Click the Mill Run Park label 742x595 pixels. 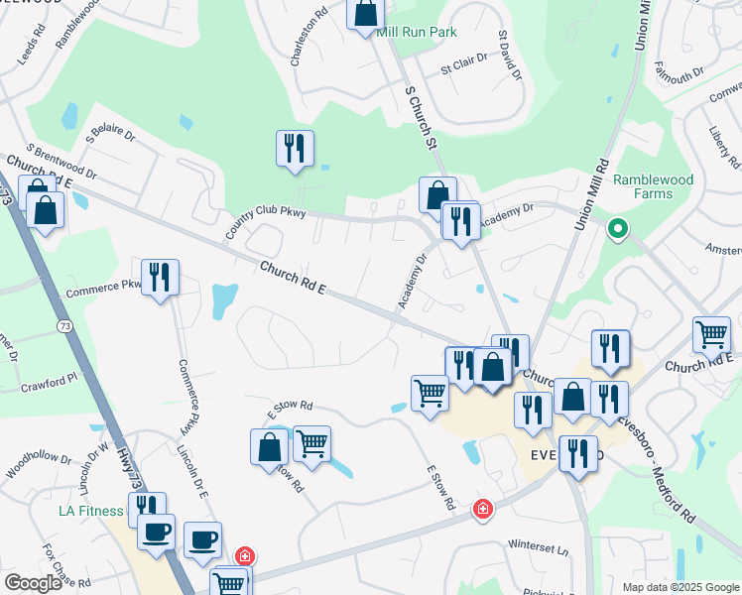[417, 32]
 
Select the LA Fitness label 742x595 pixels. [91, 512]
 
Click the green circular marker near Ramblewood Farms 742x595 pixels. [617, 230]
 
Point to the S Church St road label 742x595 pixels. [422, 117]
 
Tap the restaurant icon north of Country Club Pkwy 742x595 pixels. [295, 149]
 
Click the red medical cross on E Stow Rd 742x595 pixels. [482, 509]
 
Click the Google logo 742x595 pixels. [33, 583]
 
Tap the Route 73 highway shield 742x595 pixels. [64, 324]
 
